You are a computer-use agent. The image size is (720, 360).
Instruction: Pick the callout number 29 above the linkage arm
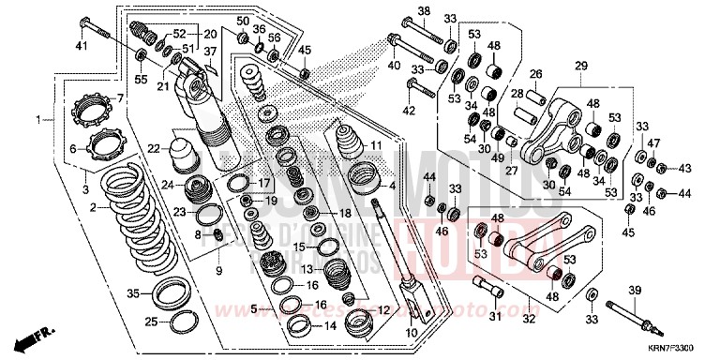pyautogui.click(x=581, y=65)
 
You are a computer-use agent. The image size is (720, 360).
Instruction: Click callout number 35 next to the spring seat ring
pyautogui.click(x=133, y=293)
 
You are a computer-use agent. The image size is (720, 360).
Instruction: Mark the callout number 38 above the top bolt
pyautogui.click(x=423, y=10)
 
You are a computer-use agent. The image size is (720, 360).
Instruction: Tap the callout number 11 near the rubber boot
pyautogui.click(x=376, y=146)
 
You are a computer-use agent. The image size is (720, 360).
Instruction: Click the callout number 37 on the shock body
pyautogui.click(x=211, y=52)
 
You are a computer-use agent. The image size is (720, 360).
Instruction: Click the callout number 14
pyautogui.click(x=328, y=326)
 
